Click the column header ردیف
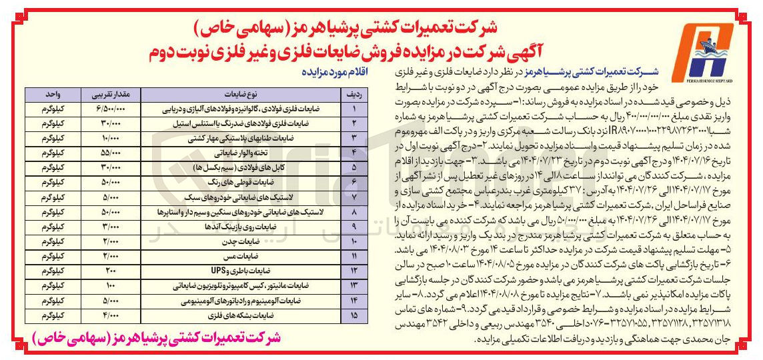click(x=353, y=93)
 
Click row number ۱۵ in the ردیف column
click(x=353, y=314)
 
